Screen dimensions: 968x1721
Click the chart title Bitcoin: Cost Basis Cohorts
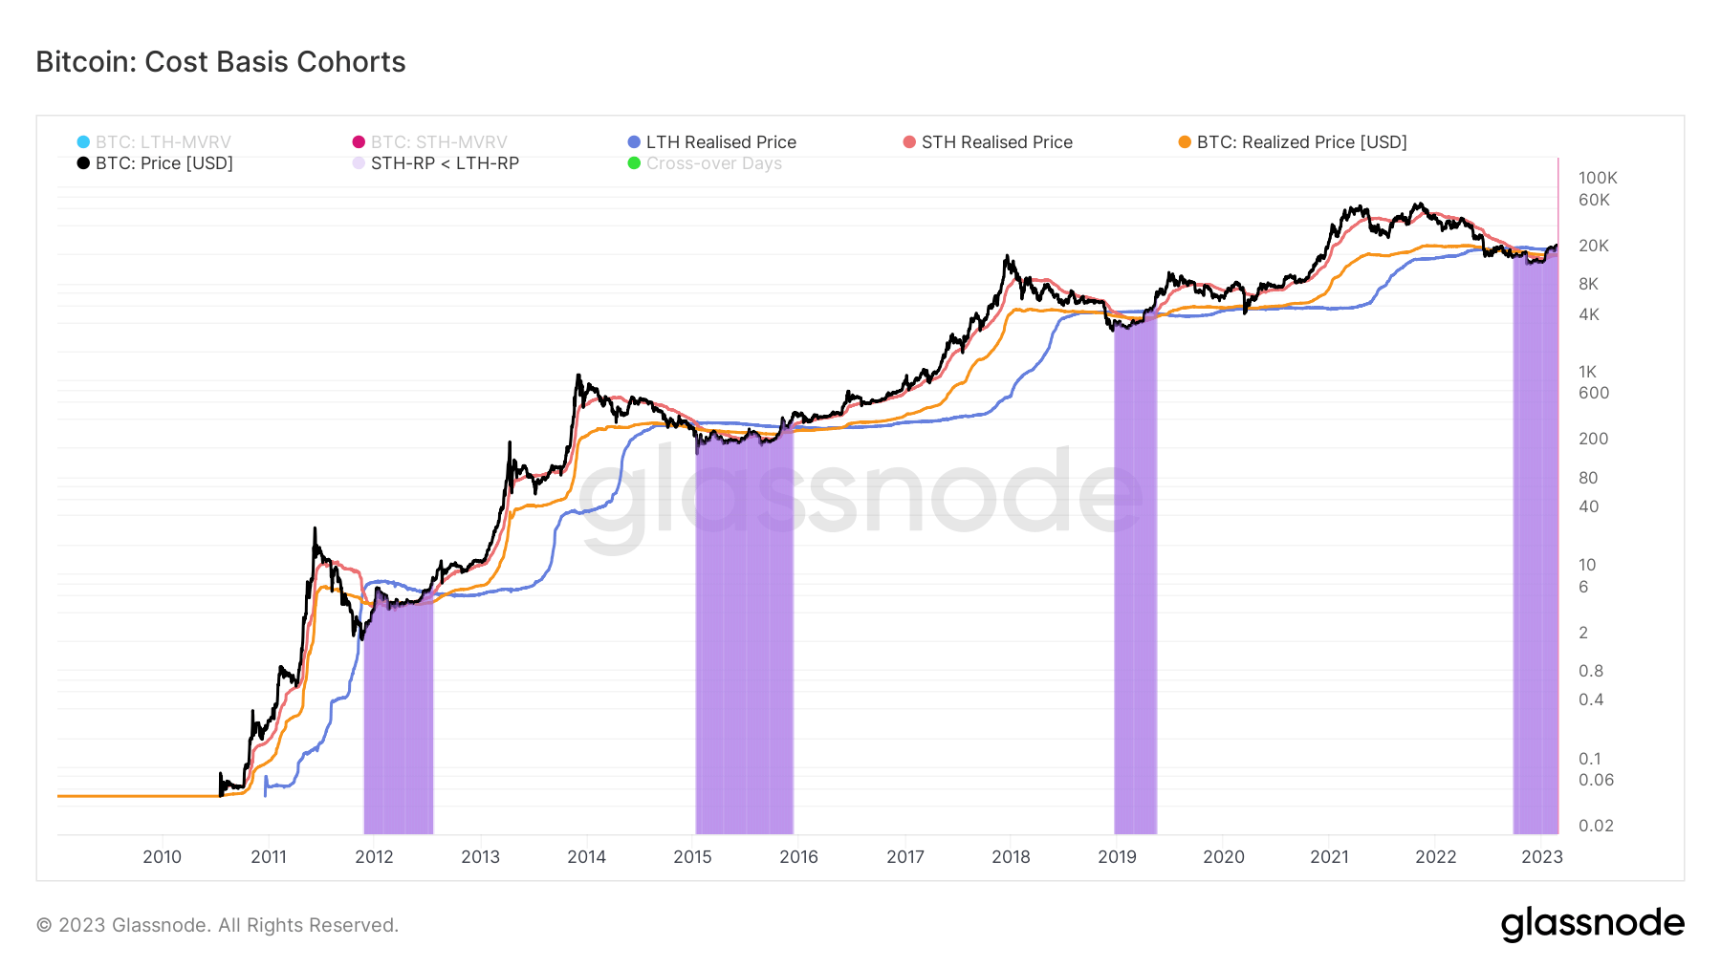point(221,62)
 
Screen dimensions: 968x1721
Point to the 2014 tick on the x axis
point(586,857)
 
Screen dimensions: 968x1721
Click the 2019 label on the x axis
point(1117,857)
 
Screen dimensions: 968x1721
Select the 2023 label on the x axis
point(1541,857)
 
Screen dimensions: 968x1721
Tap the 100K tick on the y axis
point(1598,178)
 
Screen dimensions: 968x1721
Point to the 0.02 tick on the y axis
point(1596,826)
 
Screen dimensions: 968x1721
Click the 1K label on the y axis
point(1587,372)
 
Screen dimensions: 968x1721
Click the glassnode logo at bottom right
point(1592,924)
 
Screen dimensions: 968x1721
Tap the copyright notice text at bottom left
point(217,925)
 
